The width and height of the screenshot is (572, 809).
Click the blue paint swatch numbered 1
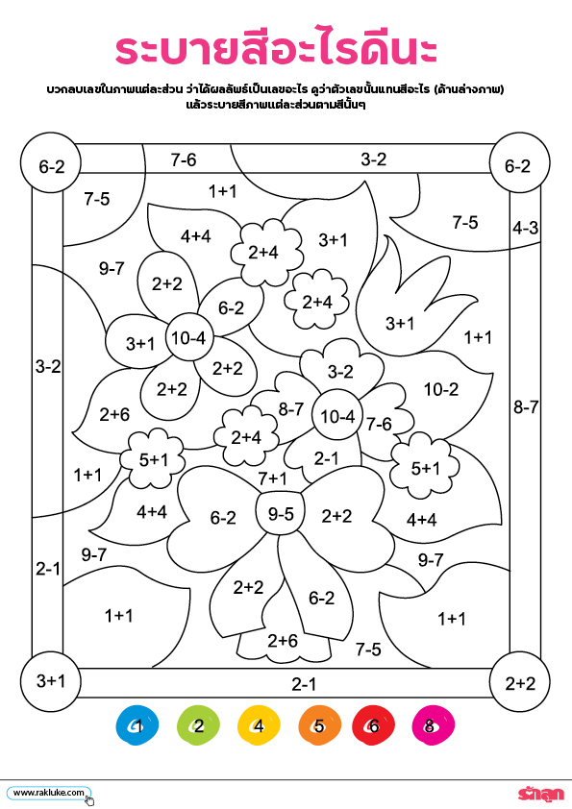137,724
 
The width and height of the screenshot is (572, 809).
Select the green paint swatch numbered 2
198,725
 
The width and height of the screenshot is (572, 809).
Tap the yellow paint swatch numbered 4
259,725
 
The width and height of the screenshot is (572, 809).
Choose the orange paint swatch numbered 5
319,725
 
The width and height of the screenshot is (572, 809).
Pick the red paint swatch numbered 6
373,725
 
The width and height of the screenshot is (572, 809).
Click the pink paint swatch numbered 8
434,725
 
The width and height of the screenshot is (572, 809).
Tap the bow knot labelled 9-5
281,513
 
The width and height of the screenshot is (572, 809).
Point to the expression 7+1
272,478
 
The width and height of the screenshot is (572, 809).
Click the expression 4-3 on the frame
525,228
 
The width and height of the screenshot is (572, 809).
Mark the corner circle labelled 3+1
51,681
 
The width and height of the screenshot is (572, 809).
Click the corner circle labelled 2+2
519,682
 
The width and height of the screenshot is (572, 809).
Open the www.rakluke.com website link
48,793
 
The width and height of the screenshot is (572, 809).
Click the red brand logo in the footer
540,794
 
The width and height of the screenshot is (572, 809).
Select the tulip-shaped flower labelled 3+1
408,309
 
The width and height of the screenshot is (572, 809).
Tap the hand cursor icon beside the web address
89,799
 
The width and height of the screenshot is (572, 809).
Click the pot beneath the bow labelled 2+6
283,643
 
